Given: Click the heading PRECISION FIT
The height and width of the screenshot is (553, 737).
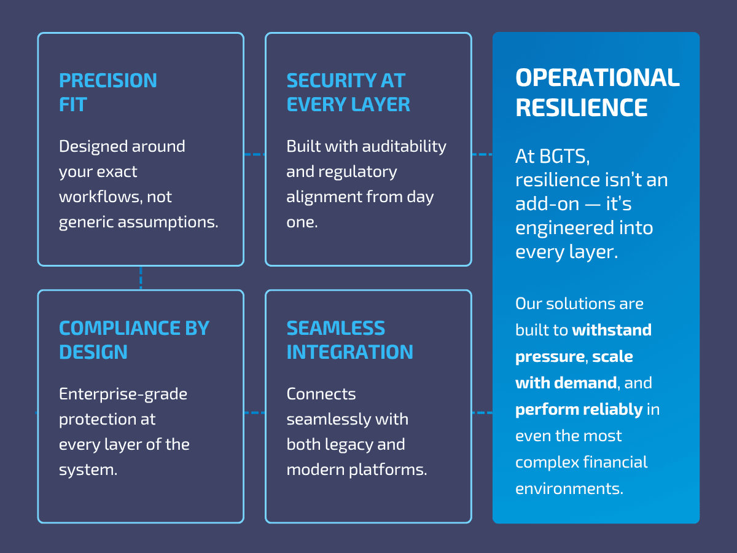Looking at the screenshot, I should [107, 92].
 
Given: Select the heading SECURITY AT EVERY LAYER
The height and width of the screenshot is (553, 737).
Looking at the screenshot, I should [348, 92].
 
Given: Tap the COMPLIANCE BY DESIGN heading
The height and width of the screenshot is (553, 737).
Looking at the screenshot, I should [134, 340].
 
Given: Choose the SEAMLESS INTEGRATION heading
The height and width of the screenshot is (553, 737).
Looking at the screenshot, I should [349, 340].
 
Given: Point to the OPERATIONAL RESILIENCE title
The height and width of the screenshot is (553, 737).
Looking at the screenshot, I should [597, 93].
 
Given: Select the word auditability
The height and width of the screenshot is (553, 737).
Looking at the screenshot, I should [404, 146].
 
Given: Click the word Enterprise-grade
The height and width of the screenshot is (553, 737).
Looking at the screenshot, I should [123, 393].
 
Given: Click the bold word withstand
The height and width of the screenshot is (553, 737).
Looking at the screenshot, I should [611, 330].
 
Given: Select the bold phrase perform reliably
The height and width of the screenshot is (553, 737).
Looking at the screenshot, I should [579, 409].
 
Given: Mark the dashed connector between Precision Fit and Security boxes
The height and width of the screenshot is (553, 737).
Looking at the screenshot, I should [254, 154].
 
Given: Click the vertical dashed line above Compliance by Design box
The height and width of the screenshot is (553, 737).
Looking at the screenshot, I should [141, 278].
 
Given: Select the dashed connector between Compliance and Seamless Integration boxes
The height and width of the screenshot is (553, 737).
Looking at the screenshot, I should [254, 412].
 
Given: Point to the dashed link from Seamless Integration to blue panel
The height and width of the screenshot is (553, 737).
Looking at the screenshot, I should [482, 412].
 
